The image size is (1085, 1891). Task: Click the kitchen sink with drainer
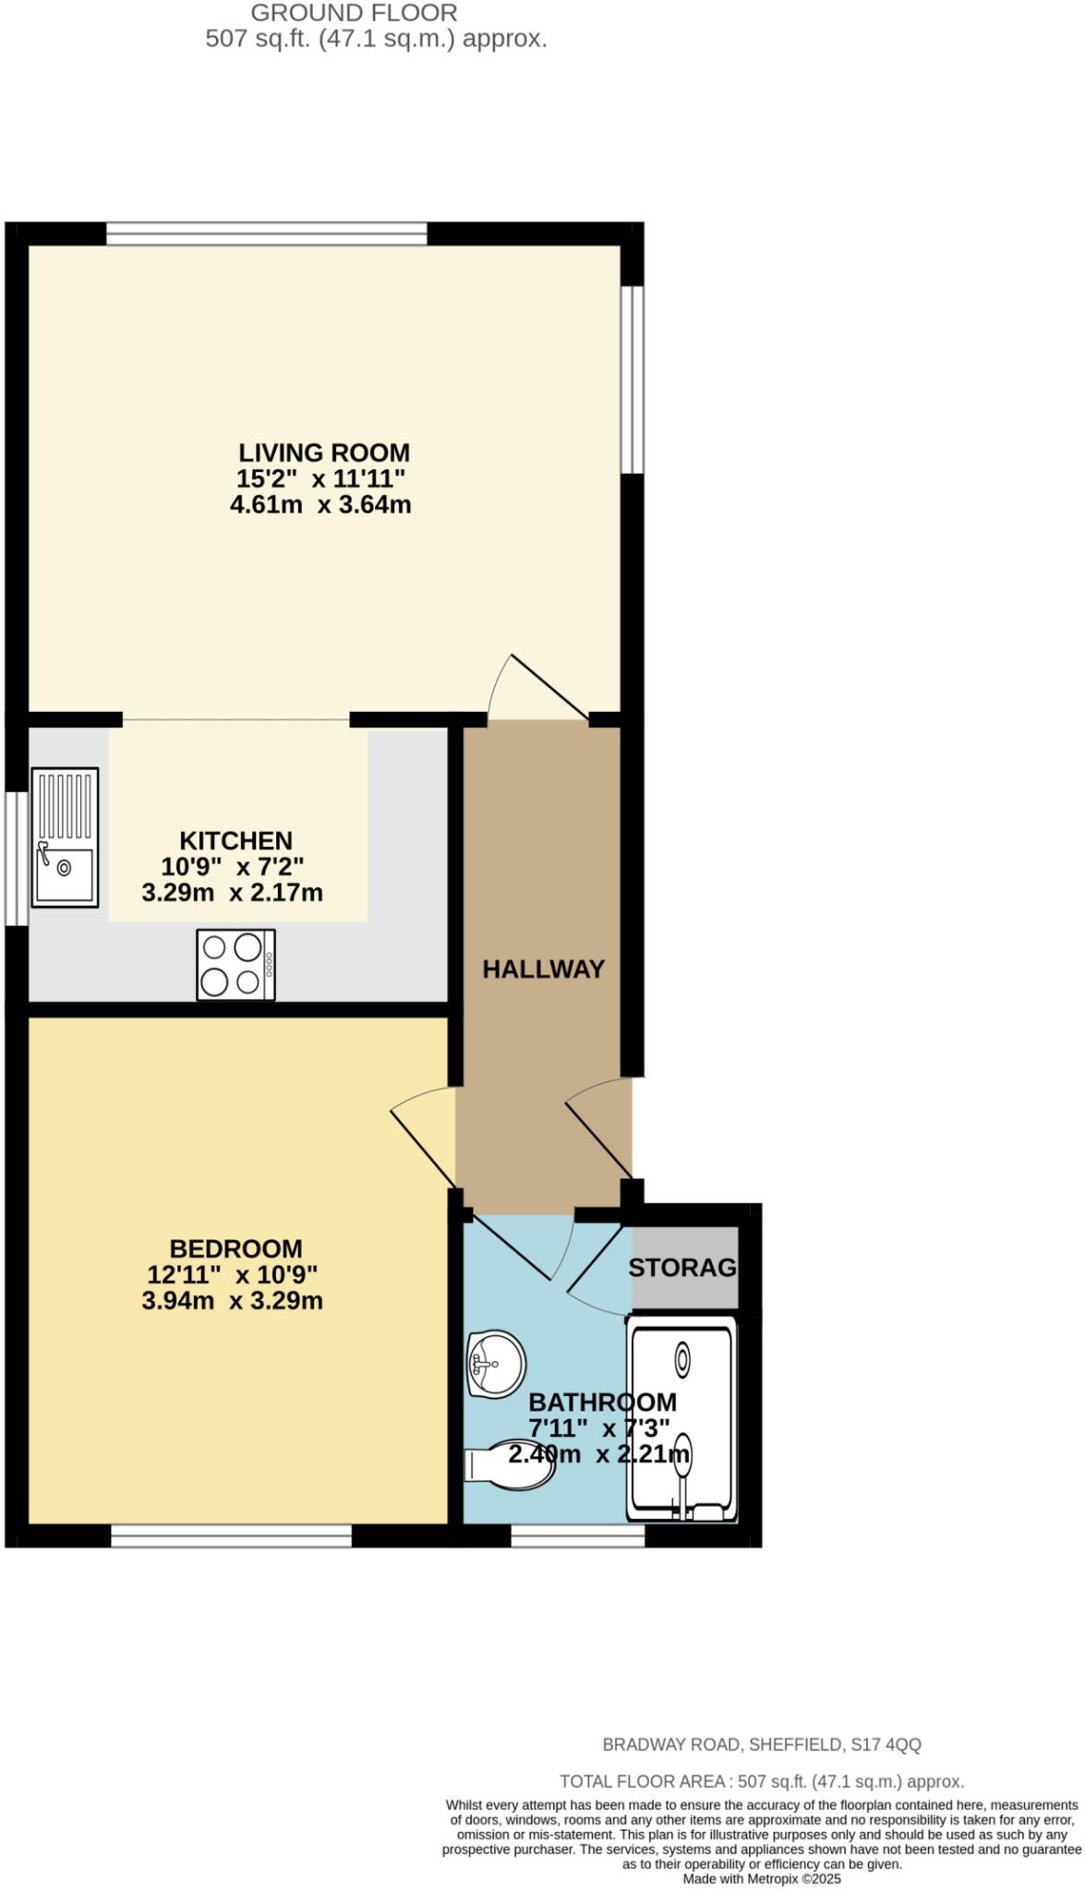[x=65, y=837]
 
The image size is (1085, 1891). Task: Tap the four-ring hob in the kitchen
[x=235, y=964]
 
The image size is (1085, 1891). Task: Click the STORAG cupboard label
[x=683, y=1268]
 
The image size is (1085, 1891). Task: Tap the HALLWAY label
[x=543, y=970]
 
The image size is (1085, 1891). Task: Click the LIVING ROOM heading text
[x=324, y=453]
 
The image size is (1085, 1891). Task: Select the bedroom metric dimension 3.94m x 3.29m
[x=232, y=1302]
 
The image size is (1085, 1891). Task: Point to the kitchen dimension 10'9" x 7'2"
[x=232, y=867]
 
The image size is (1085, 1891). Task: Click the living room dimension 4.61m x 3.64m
[x=320, y=505]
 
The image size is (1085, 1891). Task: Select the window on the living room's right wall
[x=632, y=379]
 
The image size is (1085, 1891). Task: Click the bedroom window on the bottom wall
[x=231, y=1536]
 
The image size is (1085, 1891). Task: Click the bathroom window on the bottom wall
[x=578, y=1536]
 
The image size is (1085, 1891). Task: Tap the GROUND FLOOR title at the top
[x=354, y=13]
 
